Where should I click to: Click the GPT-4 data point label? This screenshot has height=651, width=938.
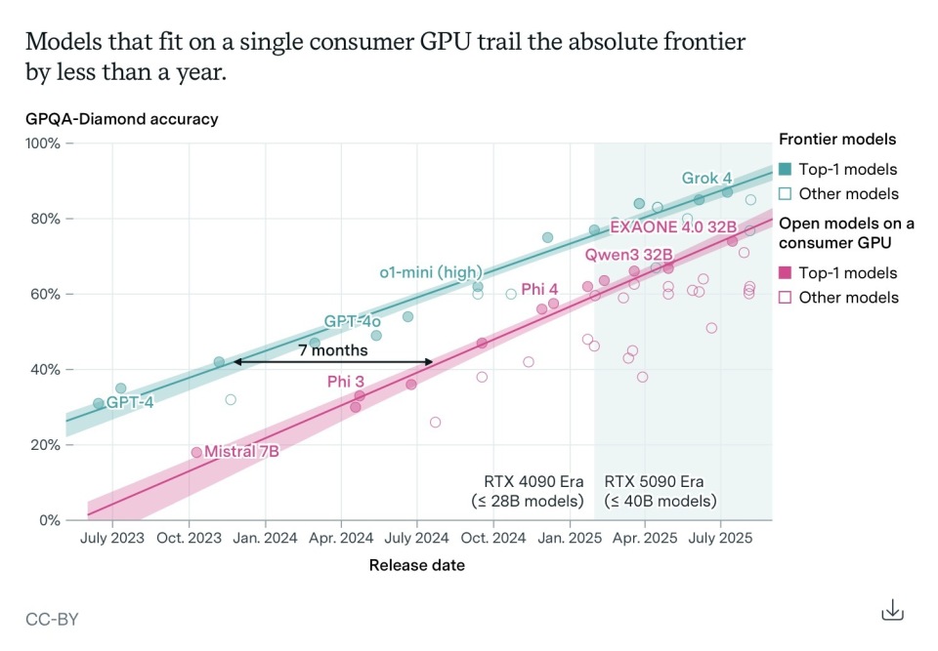point(130,401)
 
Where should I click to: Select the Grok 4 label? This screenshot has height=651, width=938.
point(706,178)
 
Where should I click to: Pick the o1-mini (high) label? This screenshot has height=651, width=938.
point(431,271)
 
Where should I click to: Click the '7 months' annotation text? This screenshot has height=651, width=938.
point(333,349)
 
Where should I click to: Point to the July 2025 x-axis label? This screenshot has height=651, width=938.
point(720,538)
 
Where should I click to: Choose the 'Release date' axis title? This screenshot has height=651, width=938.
point(416,565)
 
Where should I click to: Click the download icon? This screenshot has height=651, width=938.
point(892,611)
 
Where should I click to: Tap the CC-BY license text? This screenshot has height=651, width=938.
point(52,619)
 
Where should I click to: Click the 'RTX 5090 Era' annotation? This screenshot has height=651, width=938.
point(654,481)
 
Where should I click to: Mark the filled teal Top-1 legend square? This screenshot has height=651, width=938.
point(785,169)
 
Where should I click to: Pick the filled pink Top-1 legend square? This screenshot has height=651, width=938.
point(785,272)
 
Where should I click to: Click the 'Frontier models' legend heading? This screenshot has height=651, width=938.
point(837,140)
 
